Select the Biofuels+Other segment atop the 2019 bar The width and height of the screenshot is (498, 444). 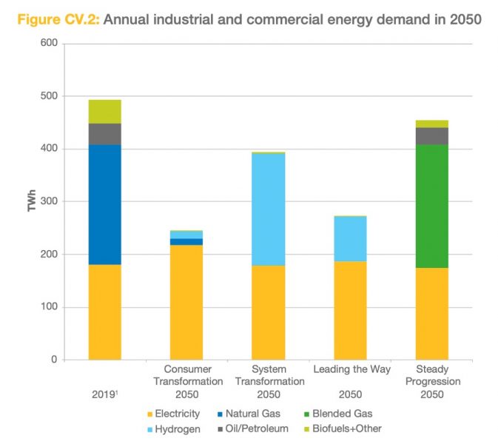[104, 111]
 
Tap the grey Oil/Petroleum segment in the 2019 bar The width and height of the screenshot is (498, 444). [104, 134]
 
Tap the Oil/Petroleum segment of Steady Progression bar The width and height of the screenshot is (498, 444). [431, 136]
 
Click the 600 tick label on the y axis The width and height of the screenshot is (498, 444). [49, 44]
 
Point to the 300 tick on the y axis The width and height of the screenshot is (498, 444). [49, 201]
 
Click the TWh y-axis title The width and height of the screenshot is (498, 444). [32, 201]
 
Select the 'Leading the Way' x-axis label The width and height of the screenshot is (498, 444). [350, 369]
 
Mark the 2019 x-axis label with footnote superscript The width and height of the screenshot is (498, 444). [104, 394]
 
